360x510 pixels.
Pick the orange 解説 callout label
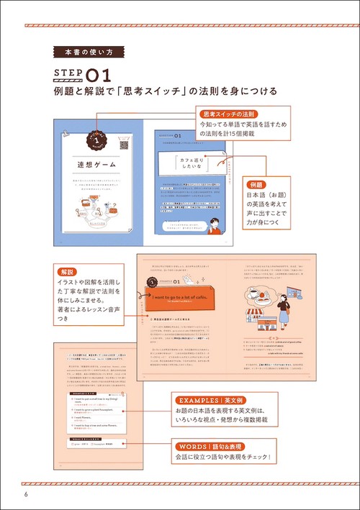(x=68, y=273)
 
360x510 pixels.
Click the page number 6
(x=25, y=494)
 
